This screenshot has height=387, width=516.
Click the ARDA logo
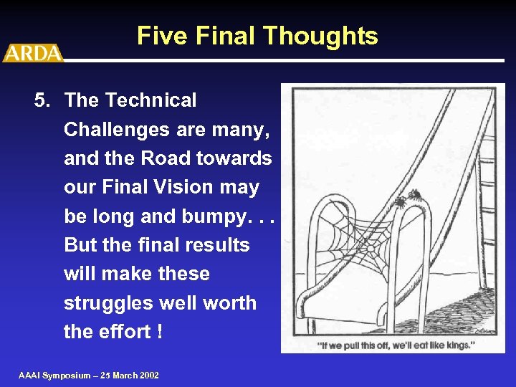tap(33, 53)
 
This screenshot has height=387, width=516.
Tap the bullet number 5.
tap(42, 100)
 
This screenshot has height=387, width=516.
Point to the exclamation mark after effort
tap(158, 331)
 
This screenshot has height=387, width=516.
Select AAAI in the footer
tap(30, 376)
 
